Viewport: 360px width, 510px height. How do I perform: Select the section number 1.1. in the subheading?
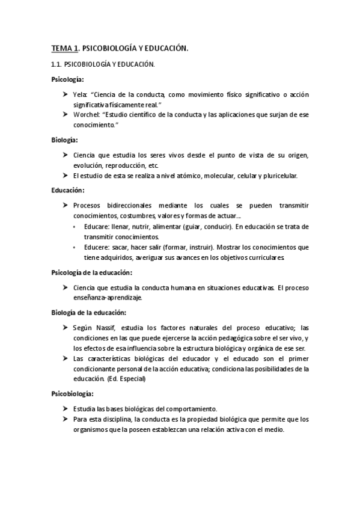[x=57, y=64]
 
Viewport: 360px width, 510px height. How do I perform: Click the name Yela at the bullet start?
[x=79, y=94]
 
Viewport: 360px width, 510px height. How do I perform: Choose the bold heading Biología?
[x=64, y=140]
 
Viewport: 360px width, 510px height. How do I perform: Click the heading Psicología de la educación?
[x=91, y=272]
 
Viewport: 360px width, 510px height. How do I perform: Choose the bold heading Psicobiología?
[x=72, y=393]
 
